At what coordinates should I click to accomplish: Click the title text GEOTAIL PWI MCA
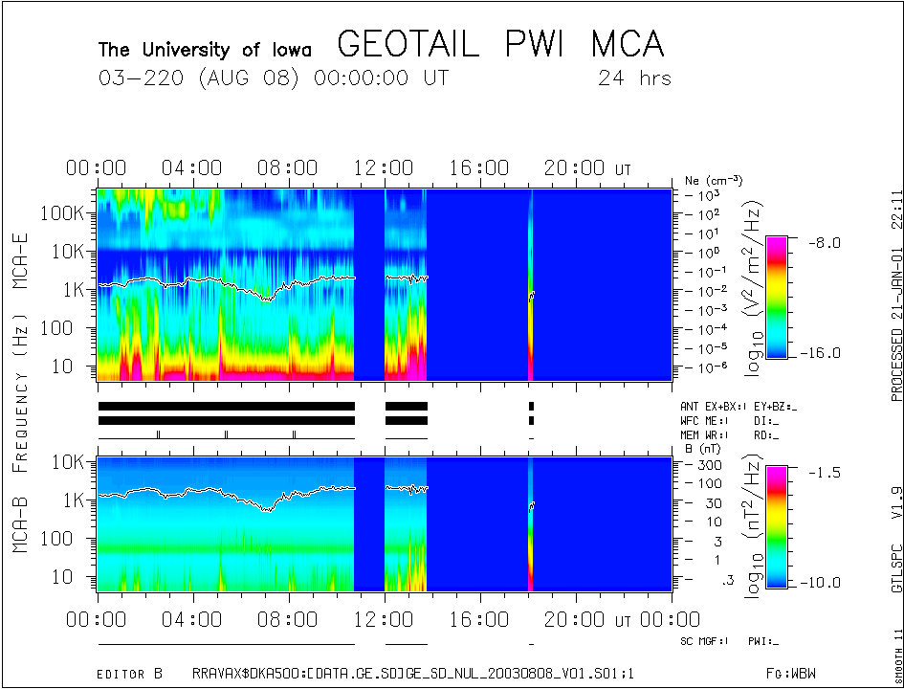500,44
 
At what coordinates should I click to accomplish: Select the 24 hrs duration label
634,78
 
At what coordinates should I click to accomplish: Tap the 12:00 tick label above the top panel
384,169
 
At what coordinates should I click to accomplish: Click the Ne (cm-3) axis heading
713,180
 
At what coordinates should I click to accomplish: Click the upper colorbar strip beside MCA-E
777,297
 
